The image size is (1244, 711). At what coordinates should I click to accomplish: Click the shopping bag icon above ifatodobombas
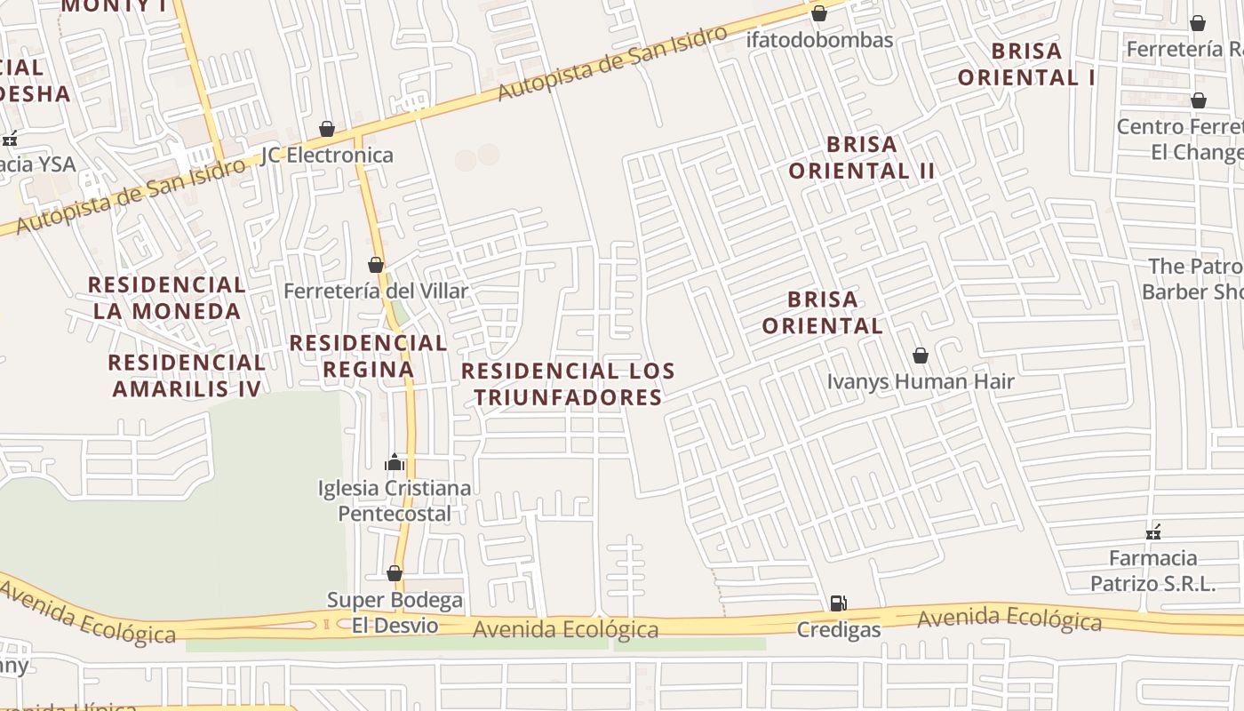click(819, 13)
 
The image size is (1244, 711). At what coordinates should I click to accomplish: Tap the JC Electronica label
click(327, 156)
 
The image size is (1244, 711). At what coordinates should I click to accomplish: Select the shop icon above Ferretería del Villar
click(376, 265)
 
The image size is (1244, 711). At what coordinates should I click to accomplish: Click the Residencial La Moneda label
click(167, 298)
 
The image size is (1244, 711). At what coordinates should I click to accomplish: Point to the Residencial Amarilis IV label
click(187, 376)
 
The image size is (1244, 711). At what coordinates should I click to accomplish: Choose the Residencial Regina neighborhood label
click(368, 355)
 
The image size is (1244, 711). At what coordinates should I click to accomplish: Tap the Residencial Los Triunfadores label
click(569, 384)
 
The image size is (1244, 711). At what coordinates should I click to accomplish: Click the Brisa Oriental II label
click(862, 157)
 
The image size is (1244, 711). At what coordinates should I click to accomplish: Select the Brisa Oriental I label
click(1026, 64)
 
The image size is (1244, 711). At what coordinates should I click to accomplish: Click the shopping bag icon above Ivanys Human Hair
click(921, 355)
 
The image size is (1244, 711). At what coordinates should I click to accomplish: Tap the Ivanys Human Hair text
click(921, 382)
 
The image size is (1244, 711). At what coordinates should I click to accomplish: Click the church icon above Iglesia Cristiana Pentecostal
click(395, 462)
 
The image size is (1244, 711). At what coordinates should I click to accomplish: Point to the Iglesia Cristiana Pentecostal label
click(395, 501)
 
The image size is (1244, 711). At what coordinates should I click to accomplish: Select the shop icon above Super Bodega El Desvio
click(395, 573)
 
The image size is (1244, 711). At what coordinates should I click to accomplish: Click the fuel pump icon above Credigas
click(838, 603)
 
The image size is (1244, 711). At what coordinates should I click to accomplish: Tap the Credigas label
click(838, 630)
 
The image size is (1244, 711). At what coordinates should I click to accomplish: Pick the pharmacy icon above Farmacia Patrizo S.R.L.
click(1153, 532)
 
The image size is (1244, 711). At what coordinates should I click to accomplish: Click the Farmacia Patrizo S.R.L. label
click(1153, 571)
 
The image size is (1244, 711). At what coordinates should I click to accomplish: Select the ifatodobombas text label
click(819, 40)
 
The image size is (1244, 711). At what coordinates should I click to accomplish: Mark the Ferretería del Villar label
click(376, 292)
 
